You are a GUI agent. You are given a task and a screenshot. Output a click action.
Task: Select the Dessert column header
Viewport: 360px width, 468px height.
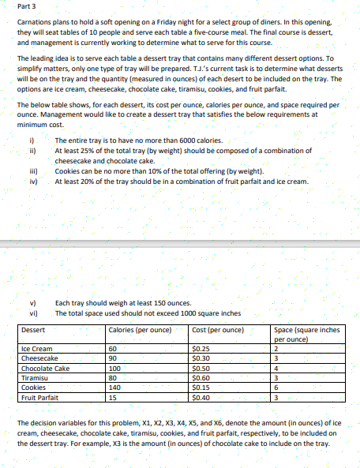click(x=33, y=329)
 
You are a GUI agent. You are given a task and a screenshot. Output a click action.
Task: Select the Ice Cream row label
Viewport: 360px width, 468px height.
click(x=37, y=348)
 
